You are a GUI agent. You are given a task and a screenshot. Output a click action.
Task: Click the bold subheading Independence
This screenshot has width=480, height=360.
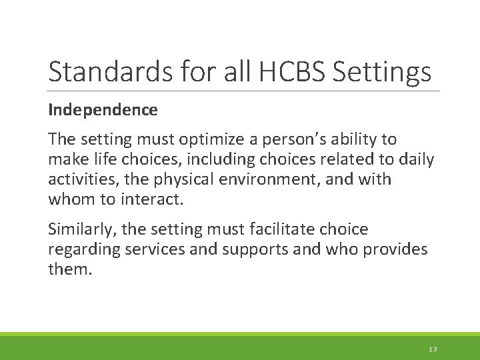103,110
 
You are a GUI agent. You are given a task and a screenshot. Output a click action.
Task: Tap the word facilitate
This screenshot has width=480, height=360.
277,229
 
